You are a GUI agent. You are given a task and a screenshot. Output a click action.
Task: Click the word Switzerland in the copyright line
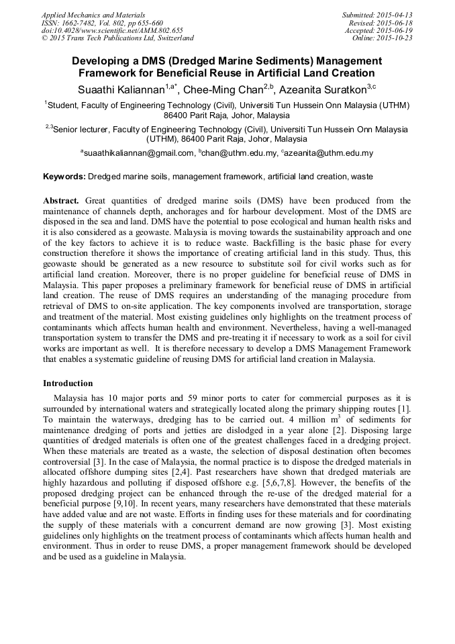pos(173,39)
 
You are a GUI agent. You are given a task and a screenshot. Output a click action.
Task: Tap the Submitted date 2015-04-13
pos(395,15)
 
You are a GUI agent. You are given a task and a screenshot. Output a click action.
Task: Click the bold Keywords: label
pos(64,177)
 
